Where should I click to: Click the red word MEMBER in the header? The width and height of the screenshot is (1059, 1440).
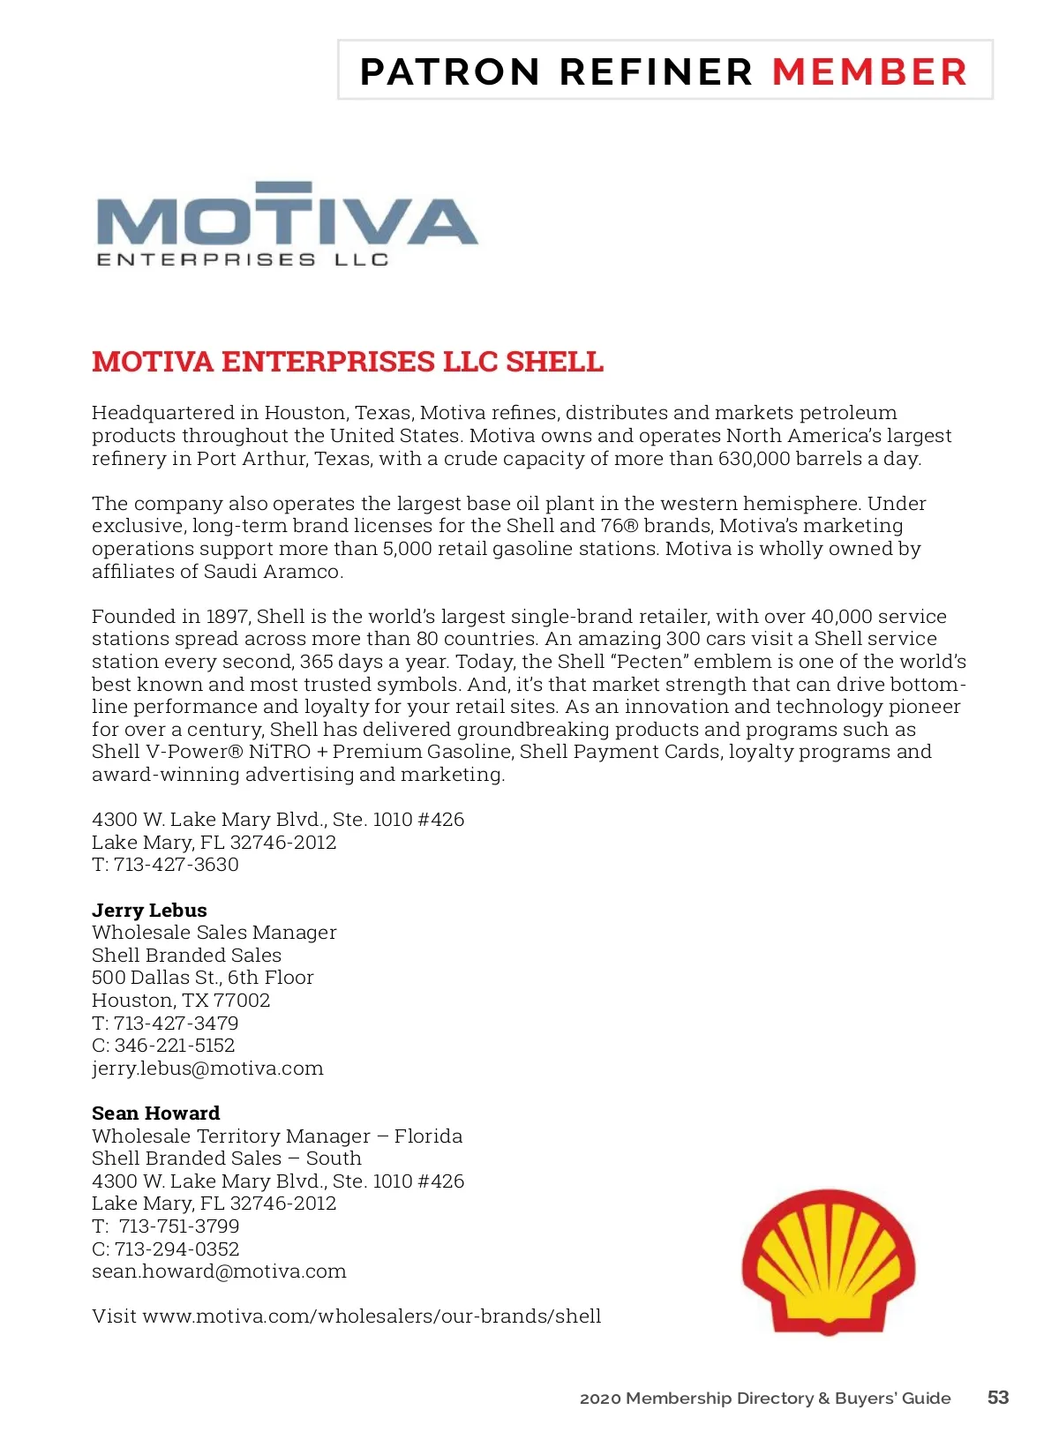point(869,72)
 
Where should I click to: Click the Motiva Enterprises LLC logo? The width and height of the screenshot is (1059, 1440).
point(287,224)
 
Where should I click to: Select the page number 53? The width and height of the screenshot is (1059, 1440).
point(998,1398)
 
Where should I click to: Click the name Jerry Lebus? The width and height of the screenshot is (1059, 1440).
point(149,911)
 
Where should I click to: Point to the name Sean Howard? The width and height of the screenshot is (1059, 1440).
point(155,1114)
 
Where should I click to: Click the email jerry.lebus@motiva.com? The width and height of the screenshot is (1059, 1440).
point(207,1069)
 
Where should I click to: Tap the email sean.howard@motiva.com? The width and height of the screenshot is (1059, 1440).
point(219,1271)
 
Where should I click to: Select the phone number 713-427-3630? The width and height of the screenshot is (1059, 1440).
point(176,865)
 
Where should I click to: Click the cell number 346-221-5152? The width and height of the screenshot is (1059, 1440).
point(175,1046)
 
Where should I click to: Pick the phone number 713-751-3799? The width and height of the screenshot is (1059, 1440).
point(179,1226)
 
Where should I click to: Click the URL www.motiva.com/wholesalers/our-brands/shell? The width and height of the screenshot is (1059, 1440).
point(372,1316)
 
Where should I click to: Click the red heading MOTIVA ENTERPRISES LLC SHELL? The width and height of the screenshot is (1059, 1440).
point(348,362)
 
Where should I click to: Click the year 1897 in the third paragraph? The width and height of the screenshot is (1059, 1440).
point(228,617)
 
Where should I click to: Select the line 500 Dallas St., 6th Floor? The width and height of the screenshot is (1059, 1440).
point(203,978)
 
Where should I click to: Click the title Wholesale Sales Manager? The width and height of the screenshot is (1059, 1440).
point(214,933)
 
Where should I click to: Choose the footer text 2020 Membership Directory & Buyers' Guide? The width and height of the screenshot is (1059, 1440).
point(765,1399)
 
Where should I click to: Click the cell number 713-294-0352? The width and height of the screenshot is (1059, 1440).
point(176,1249)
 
